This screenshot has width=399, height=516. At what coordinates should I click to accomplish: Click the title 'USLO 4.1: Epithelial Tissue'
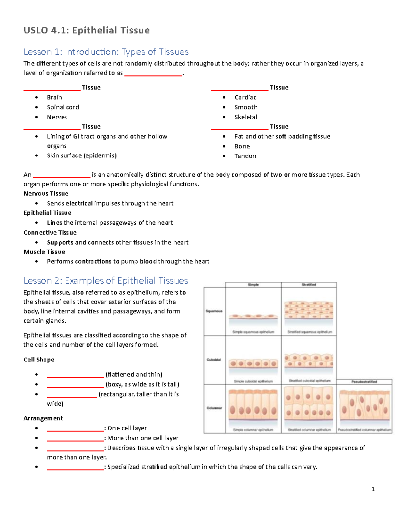[86, 30]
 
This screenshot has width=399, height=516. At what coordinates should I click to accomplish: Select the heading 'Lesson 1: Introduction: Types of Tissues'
[106, 52]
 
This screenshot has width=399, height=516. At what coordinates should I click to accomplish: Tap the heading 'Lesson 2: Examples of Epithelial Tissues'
[105, 281]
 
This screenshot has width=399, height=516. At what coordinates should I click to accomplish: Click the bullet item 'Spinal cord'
[63, 107]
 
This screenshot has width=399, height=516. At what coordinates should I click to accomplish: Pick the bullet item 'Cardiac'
[245, 97]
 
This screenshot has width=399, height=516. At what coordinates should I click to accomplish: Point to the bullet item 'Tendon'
[245, 156]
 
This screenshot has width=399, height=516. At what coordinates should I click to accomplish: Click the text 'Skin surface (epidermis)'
[81, 155]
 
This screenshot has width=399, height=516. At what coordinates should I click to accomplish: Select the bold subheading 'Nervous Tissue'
[46, 193]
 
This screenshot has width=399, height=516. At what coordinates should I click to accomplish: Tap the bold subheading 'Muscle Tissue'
[44, 252]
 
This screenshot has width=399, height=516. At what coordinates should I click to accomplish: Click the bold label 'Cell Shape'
[39, 360]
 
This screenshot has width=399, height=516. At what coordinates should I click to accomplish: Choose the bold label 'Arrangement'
[43, 418]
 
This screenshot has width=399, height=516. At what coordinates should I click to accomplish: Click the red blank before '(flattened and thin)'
[75, 377]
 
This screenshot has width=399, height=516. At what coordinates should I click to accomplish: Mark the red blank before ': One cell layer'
[75, 430]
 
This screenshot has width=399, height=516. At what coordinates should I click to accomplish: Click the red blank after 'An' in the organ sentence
[62, 177]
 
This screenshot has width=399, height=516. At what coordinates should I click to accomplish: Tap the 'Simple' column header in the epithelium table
[253, 285]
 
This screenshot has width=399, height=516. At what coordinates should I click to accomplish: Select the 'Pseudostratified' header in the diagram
[364, 382]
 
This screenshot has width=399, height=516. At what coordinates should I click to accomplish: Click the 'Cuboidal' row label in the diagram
[214, 360]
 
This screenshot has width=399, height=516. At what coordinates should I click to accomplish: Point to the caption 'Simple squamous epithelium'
[253, 332]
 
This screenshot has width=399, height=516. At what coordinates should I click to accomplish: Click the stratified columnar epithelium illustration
[309, 406]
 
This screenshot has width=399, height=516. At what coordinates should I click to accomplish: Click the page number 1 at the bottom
[373, 489]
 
